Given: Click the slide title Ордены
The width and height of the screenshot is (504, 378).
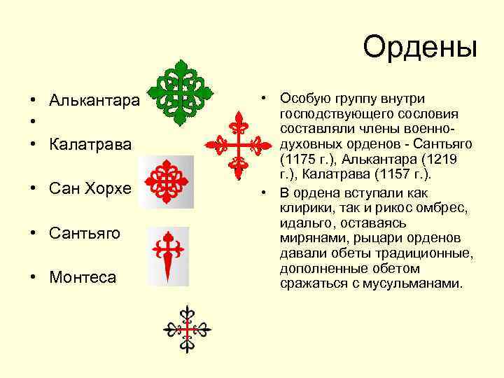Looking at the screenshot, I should pyautogui.click(x=419, y=48).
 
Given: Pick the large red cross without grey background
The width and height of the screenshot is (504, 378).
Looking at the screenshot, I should pyautogui.click(x=238, y=145).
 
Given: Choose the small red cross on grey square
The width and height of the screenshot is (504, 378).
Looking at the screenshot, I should pyautogui.click(x=167, y=181).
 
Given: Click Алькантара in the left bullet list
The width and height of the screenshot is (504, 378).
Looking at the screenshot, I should pyautogui.click(x=94, y=101).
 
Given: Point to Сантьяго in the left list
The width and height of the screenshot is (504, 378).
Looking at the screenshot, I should pyautogui.click(x=85, y=232).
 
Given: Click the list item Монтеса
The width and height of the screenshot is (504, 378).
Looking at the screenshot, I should pyautogui.click(x=83, y=277).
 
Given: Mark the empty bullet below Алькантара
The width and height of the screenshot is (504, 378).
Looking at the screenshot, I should pyautogui.click(x=33, y=122).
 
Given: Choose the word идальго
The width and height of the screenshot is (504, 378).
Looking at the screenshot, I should pyautogui.click(x=303, y=223).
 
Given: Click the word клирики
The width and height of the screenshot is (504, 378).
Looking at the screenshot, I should pyautogui.click(x=304, y=207).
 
